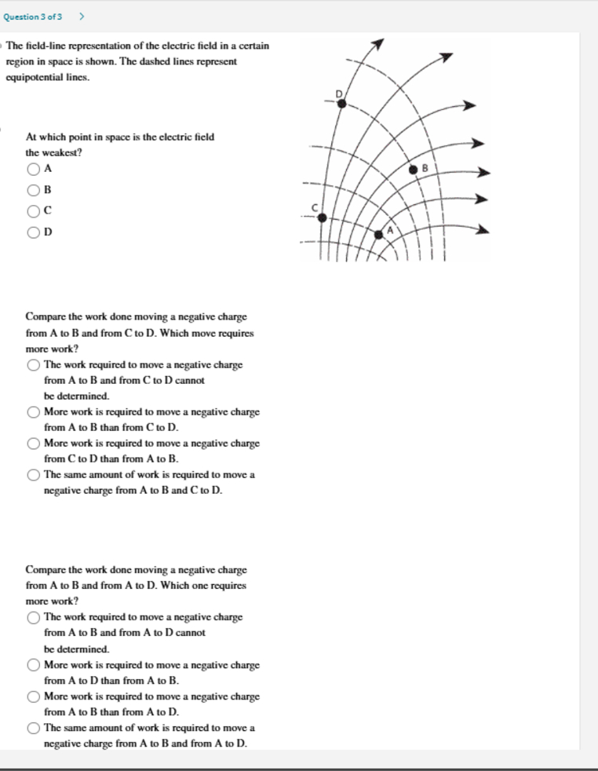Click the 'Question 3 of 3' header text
pos(33,16)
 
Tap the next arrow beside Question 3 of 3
pos(82,16)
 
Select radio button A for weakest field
pos(34,169)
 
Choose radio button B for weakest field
pos(34,190)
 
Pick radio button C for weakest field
pos(34,210)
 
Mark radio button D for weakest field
pos(34,232)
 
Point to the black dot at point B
pos(414,168)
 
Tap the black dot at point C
pos(322,217)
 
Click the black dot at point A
pos(379,233)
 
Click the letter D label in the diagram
pos(340,93)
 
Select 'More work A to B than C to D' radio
pos(34,411)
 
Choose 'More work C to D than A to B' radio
pos(34,443)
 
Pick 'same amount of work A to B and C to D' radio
pos(34,474)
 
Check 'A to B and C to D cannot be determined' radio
pos(34,364)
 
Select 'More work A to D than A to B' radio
pos(34,665)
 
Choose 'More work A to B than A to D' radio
pos(34,696)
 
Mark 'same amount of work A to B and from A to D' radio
pos(34,728)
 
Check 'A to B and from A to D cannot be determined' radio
pos(34,617)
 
